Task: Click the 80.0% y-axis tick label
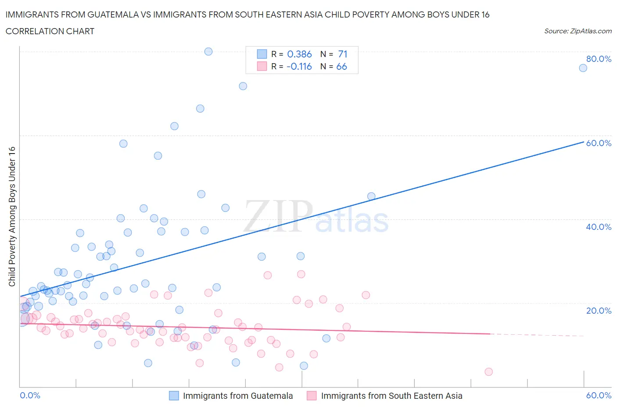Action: coord(599,59)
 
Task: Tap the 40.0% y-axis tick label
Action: coord(599,227)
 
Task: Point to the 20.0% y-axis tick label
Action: coord(599,311)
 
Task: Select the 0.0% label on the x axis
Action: coord(30,395)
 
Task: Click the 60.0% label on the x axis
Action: coord(599,395)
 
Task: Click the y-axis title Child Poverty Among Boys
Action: coord(12,216)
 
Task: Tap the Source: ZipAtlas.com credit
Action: coord(578,31)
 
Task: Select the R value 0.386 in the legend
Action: coord(299,54)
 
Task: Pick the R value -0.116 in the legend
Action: coord(299,66)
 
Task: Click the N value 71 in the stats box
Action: coord(343,54)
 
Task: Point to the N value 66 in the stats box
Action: coord(341,66)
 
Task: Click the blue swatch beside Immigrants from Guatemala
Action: coord(174,396)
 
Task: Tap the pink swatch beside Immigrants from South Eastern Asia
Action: coord(312,396)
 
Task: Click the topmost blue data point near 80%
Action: coord(208,51)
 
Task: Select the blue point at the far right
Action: coord(583,68)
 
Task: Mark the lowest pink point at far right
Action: coord(488,372)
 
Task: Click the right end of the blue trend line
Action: coord(583,142)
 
